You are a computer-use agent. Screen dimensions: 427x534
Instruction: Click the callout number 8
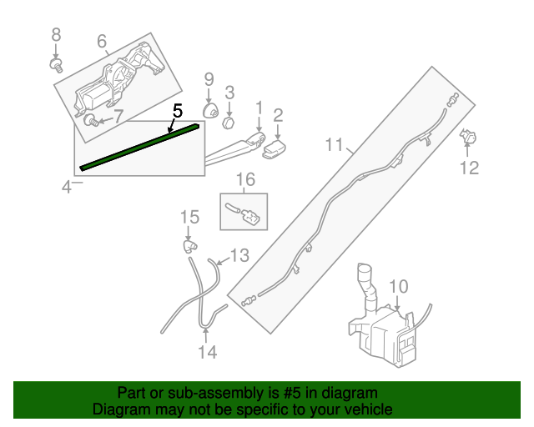click(57, 35)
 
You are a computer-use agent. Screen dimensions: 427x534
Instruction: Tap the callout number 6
click(102, 41)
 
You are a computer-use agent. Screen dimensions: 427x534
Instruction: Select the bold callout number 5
click(176, 109)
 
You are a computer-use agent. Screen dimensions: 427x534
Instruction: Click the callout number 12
click(469, 168)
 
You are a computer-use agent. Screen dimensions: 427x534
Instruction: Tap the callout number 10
click(398, 287)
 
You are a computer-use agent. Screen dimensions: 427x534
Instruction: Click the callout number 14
click(207, 352)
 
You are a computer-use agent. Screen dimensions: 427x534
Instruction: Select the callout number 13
click(239, 254)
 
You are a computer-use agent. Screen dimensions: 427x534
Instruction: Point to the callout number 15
click(190, 218)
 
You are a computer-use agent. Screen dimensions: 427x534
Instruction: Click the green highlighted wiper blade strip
click(139, 146)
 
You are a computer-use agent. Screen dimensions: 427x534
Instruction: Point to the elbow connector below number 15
click(191, 246)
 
